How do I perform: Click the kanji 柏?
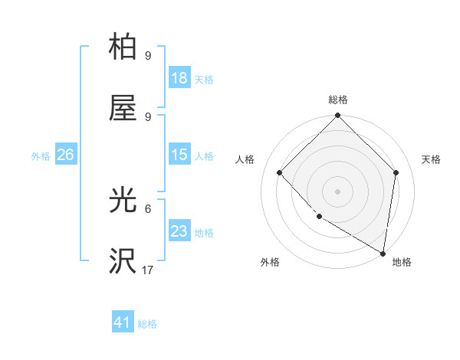point(123,47)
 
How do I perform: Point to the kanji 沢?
point(123,261)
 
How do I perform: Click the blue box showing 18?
point(179,78)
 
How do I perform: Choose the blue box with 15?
point(179,155)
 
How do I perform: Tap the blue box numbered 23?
point(179,231)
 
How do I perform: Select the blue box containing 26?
point(65,155)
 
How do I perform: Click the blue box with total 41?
point(123,322)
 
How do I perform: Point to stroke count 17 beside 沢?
point(148,270)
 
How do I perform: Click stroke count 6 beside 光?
point(148,208)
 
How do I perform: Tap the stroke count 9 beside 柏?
point(148,55)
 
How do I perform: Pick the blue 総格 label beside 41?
point(148,324)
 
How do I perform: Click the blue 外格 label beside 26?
point(41,155)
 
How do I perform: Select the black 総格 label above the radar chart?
point(338,100)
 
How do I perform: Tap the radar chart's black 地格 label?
point(402,262)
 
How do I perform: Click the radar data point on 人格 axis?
point(280,172)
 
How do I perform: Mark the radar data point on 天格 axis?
point(396,172)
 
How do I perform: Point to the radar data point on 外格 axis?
point(319,217)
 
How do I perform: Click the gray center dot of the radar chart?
point(338,191)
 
